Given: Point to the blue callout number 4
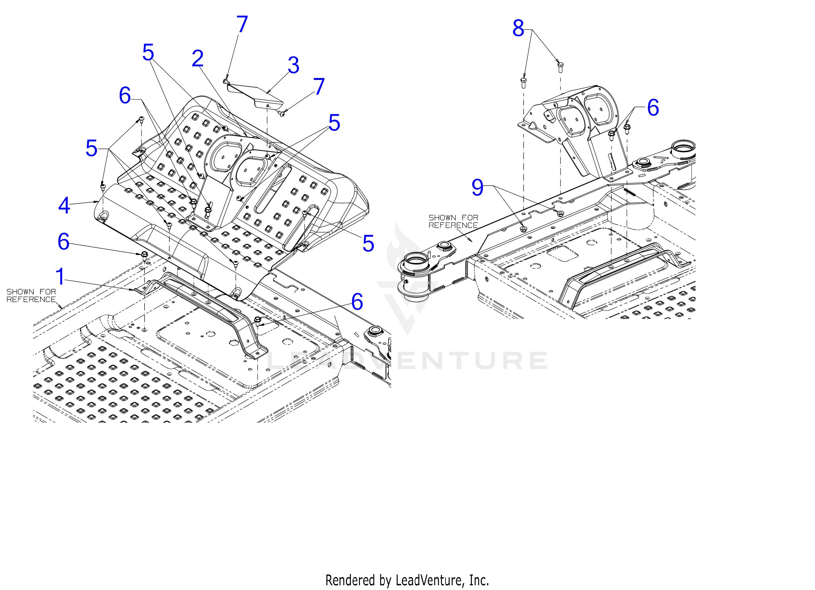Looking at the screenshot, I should (64, 206).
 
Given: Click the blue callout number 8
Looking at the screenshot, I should (518, 28).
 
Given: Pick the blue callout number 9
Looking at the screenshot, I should (477, 188).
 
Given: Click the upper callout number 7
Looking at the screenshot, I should (242, 24).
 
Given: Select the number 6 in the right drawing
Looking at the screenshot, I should (653, 107).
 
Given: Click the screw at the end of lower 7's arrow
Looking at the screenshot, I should (282, 114).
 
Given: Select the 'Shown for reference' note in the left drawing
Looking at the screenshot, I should (31, 295).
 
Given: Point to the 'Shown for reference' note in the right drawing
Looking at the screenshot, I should (453, 221).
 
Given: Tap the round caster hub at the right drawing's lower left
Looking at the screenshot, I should (416, 275).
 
